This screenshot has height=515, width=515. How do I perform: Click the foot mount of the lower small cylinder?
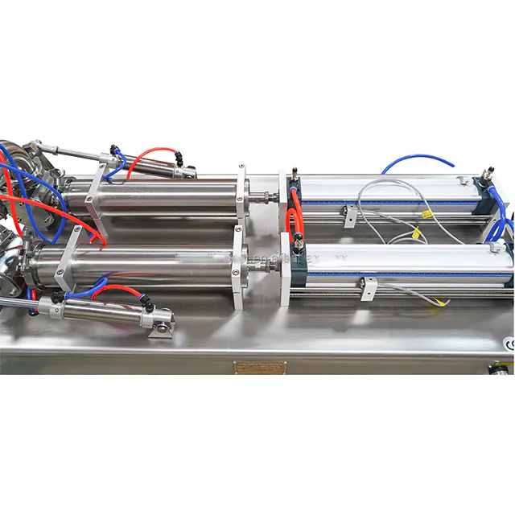[163, 328]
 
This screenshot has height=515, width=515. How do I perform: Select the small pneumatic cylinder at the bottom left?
[97, 307]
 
